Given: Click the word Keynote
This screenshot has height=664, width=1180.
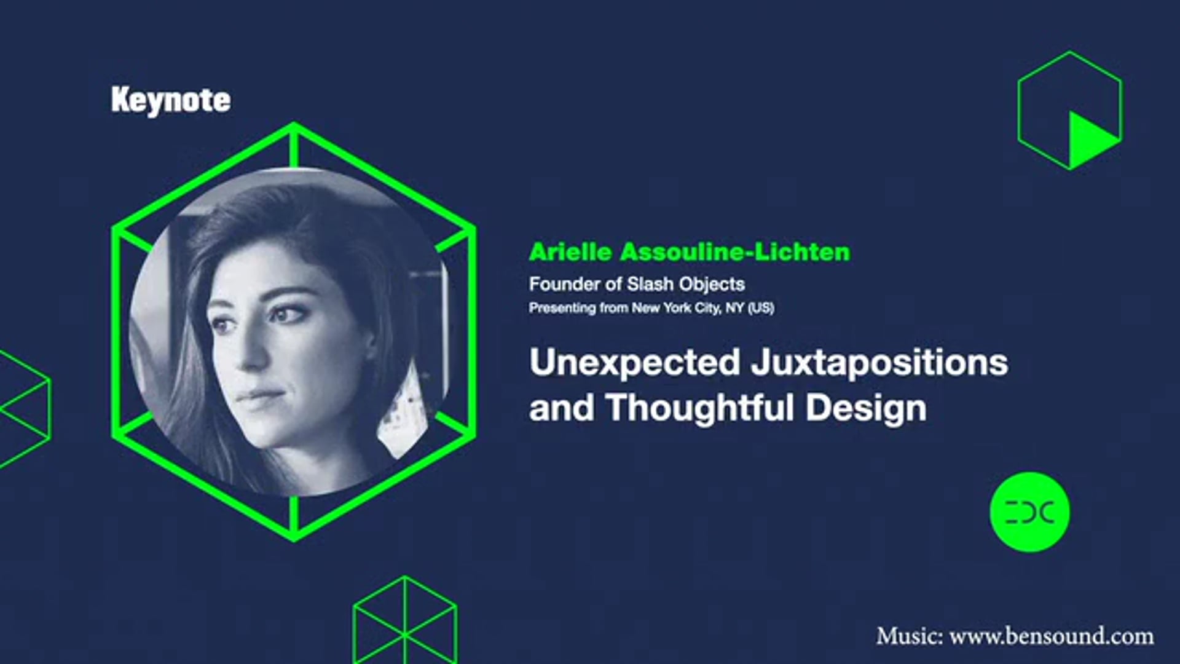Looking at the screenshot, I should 171,100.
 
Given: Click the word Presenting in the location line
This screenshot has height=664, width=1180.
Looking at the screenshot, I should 562,307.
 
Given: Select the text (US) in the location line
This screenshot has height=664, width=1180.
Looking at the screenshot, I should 760,307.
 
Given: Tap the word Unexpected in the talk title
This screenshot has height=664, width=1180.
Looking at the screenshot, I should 634,363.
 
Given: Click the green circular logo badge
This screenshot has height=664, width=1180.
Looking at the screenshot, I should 1029,512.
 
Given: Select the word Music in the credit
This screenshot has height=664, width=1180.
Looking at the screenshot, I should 908,636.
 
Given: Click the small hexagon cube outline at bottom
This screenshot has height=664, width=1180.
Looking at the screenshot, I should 404,621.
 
